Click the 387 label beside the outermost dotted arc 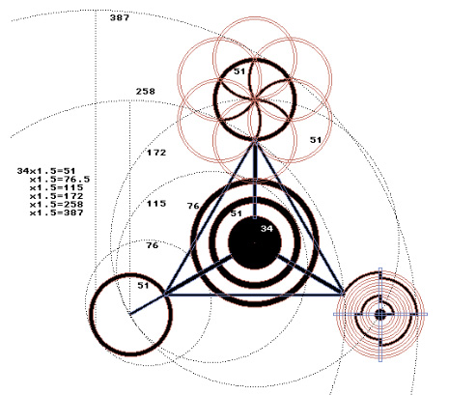pyautogui.click(x=120, y=17)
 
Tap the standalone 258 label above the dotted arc pyautogui.click(x=146, y=92)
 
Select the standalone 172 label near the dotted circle pyautogui.click(x=156, y=153)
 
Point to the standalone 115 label pyautogui.click(x=156, y=204)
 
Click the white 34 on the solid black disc pyautogui.click(x=267, y=229)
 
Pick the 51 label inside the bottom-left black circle pyautogui.click(x=143, y=286)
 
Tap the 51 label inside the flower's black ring pyautogui.click(x=239, y=71)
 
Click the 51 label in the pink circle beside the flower pyautogui.click(x=316, y=140)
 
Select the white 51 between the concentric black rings pyautogui.click(x=236, y=213)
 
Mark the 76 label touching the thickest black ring pyautogui.click(x=193, y=206)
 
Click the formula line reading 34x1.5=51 pyautogui.click(x=46, y=171)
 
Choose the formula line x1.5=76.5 pyautogui.click(x=60, y=180)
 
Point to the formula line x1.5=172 pyautogui.click(x=57, y=196)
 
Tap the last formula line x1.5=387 pyautogui.click(x=57, y=212)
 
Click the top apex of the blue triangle pyautogui.click(x=255, y=140)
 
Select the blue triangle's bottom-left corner pyautogui.click(x=165, y=294)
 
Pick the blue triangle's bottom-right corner pyautogui.click(x=343, y=294)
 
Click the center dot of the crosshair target pyautogui.click(x=380, y=315)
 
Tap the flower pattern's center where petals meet pyautogui.click(x=255, y=99)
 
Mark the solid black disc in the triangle pyautogui.click(x=255, y=242)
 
